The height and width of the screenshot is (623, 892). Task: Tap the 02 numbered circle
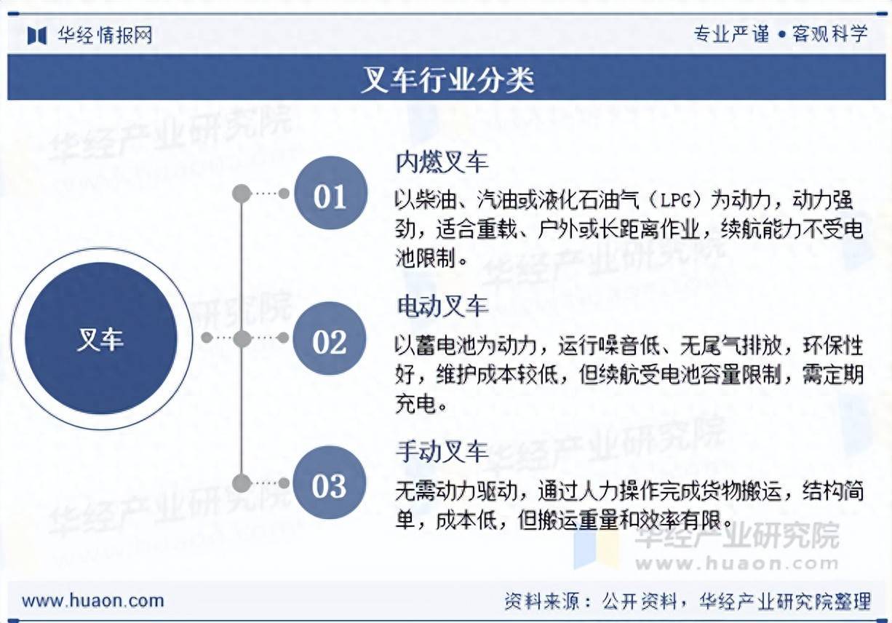330,339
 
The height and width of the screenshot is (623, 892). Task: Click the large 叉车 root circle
100,338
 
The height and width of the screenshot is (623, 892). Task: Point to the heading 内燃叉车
442,162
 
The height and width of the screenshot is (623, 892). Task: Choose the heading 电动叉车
442,306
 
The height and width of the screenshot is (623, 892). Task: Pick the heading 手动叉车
442,451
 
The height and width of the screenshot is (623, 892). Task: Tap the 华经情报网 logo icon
37,35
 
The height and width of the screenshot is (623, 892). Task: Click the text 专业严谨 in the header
730,34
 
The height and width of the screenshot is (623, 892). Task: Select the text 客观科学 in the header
829,34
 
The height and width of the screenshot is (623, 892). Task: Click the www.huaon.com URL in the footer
92,600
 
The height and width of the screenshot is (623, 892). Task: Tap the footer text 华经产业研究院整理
784,601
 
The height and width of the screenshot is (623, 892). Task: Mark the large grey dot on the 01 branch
242,194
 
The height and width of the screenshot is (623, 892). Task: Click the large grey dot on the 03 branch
242,483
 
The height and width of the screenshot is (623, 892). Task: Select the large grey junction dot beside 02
242,338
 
